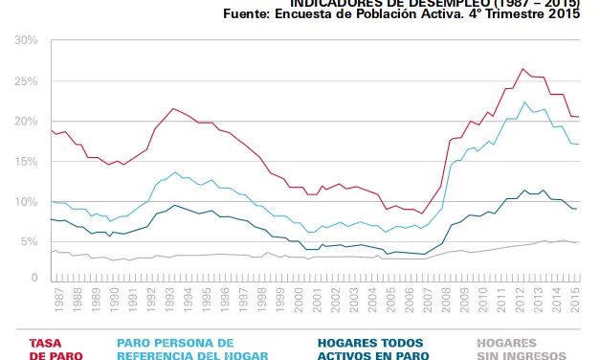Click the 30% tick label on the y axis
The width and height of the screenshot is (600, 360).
26,41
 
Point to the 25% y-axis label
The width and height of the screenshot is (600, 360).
26,81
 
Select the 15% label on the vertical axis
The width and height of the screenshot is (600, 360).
26,162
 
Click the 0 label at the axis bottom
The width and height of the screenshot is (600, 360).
33,278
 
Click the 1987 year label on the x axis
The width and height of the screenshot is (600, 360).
58,309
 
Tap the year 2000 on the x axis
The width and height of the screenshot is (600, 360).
300,309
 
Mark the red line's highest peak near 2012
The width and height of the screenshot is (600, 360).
522,69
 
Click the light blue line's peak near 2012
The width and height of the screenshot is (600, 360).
524,101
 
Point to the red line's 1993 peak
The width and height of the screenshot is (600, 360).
172,108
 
